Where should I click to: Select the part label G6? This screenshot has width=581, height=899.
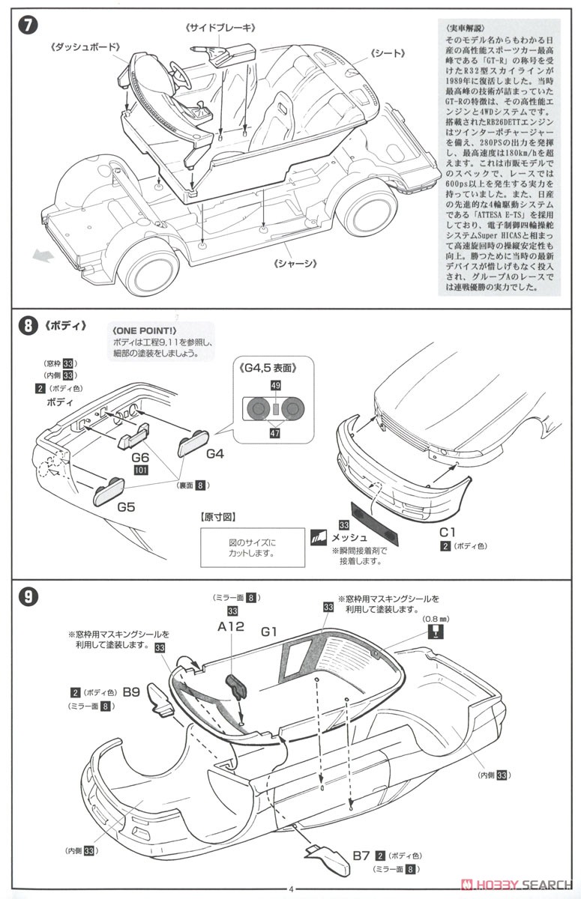coord(141,456)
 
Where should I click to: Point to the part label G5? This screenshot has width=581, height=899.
coord(125,506)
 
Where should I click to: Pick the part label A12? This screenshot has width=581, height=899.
coord(231,626)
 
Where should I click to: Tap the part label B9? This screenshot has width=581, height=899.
coord(131,692)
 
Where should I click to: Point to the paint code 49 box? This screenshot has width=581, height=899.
coord(275,385)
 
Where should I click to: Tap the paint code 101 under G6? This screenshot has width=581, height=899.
coord(140,470)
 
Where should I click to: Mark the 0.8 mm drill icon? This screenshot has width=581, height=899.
coord(433,632)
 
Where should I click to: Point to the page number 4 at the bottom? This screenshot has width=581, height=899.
coord(290,889)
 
